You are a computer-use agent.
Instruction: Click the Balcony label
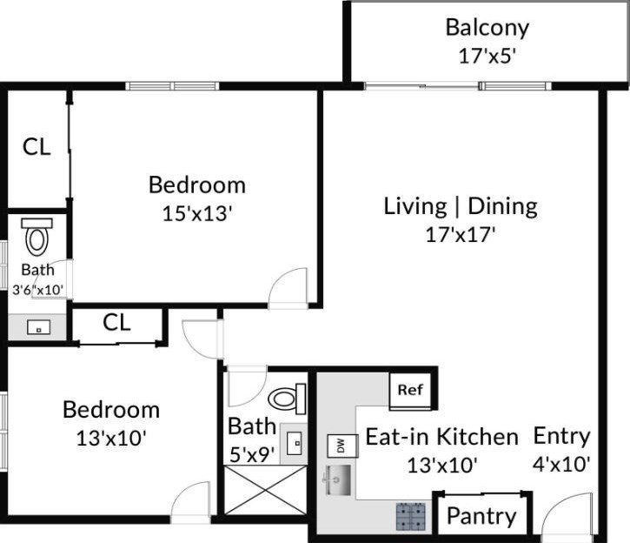point(487,27)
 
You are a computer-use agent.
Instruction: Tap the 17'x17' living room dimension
point(461,235)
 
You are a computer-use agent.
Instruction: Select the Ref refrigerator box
point(409,389)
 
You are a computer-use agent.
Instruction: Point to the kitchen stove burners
point(411,516)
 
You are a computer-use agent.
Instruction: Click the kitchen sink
point(339,478)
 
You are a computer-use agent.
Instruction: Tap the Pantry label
point(481,516)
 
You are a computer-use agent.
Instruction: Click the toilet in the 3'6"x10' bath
point(36,237)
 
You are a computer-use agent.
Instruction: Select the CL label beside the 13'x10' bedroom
point(116,324)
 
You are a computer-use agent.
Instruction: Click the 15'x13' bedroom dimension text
point(196,213)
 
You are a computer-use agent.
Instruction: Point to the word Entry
point(561,436)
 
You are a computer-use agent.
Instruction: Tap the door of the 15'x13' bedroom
point(288,290)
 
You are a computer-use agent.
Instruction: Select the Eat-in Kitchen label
point(441,437)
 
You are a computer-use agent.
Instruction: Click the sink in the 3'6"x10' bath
point(37,327)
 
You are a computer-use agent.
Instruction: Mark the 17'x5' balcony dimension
point(487,57)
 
